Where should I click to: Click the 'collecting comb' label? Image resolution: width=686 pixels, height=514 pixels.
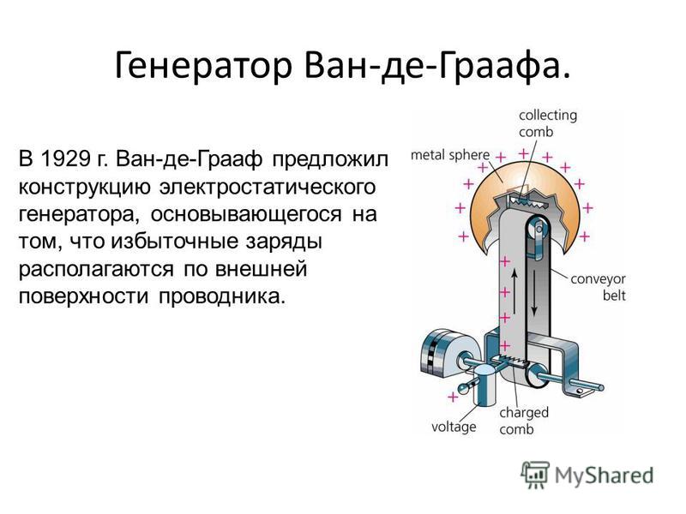(548, 123)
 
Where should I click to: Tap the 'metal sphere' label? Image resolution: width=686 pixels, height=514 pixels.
(449, 155)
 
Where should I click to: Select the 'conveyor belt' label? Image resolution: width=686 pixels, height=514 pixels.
(598, 287)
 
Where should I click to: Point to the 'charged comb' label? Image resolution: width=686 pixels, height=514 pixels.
(524, 421)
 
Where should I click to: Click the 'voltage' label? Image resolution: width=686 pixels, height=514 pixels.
(454, 427)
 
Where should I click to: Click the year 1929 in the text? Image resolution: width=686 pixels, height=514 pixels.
(64, 158)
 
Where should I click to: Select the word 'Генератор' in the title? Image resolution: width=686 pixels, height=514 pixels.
(203, 66)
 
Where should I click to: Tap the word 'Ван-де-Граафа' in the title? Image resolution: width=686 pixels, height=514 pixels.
(432, 66)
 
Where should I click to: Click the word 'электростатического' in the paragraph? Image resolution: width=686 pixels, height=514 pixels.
(268, 187)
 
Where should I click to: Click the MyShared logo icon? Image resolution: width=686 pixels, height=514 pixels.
(534, 475)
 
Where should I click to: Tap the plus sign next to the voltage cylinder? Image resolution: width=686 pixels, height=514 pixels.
(453, 397)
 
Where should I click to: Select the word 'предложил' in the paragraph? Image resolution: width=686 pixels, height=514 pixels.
(330, 159)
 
